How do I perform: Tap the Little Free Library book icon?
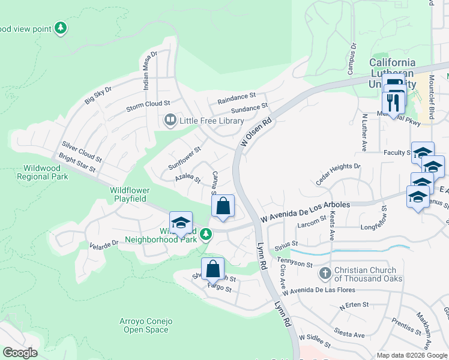(x=170, y=121)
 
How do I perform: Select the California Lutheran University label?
(x=392, y=67)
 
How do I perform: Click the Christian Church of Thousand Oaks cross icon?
(x=325, y=274)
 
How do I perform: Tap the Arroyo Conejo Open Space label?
(x=148, y=325)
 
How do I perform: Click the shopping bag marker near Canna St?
(x=223, y=206)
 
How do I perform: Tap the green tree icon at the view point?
(x=60, y=28)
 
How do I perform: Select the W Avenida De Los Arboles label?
(x=305, y=212)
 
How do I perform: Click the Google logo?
(x=20, y=353)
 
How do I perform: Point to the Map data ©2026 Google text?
(x=411, y=355)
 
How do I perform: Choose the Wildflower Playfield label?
(x=129, y=194)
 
